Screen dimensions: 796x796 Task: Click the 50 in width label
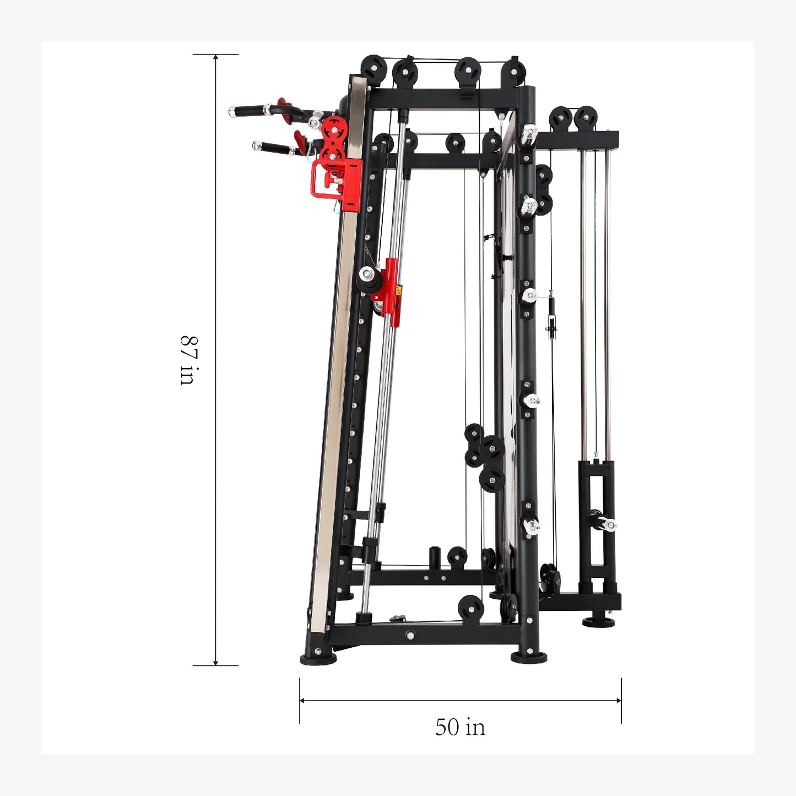click(460, 728)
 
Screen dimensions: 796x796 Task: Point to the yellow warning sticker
click(399, 290)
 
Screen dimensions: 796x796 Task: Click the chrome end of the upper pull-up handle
click(232, 111)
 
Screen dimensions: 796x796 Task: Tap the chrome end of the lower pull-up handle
click(257, 145)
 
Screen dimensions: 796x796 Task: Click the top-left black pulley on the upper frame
click(373, 67)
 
